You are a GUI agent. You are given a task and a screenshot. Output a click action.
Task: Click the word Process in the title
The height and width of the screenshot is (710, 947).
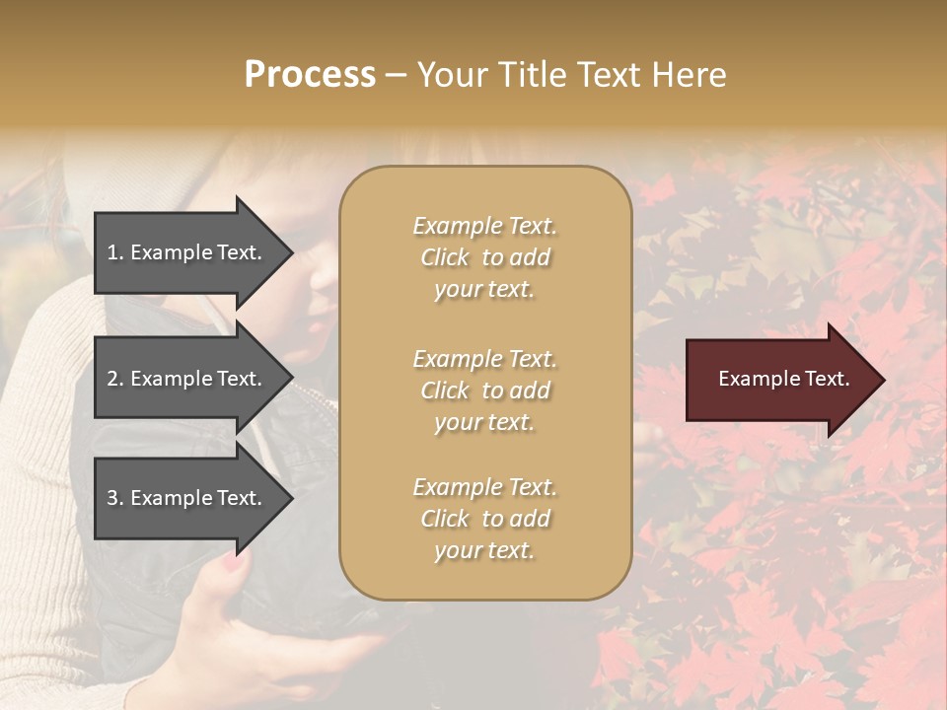click(x=310, y=75)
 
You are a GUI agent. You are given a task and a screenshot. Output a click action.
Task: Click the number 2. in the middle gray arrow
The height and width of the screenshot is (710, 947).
click(x=114, y=379)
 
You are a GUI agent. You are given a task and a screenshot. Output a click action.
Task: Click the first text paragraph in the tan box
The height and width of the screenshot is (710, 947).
click(x=484, y=257)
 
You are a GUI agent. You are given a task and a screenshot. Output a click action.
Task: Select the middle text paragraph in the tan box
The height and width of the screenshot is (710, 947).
click(x=484, y=390)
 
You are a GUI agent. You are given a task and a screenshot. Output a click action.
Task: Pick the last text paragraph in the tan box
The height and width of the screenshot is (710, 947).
click(x=484, y=519)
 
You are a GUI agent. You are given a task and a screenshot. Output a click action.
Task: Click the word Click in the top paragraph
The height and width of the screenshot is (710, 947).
click(x=445, y=257)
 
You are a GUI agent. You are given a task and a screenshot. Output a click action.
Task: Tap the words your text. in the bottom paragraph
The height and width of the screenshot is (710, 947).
click(x=484, y=550)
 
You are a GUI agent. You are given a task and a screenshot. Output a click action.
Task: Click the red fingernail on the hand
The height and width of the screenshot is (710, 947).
click(x=231, y=565)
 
